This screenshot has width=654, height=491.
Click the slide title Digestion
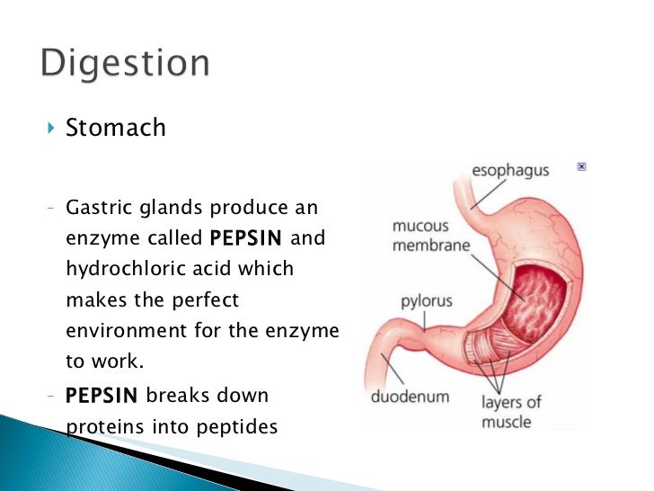(125, 66)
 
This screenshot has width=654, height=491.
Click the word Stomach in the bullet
(116, 128)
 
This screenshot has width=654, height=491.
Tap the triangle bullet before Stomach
(50, 128)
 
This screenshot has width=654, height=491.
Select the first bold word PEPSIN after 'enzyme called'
(245, 239)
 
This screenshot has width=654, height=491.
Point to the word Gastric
(99, 209)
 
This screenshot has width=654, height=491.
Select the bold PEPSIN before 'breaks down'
(102, 397)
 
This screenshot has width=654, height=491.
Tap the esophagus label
(510, 171)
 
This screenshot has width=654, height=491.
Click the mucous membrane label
(430, 236)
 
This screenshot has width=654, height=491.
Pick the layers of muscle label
(512, 413)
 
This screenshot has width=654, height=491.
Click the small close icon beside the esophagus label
(581, 167)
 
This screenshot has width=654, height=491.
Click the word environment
(127, 330)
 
